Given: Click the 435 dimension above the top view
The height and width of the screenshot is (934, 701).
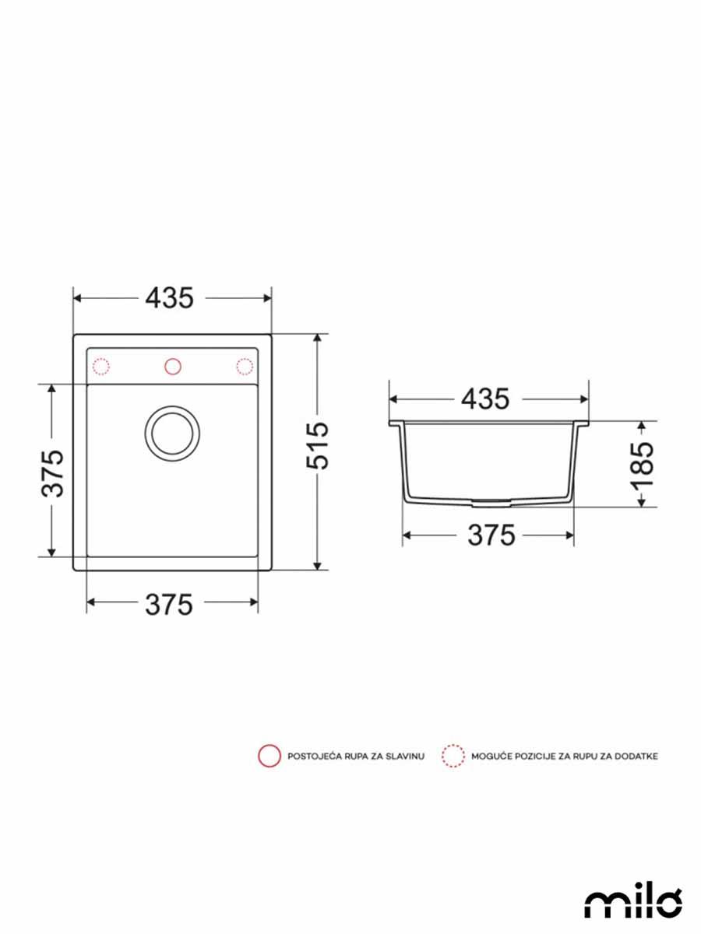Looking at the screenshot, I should coord(171,298).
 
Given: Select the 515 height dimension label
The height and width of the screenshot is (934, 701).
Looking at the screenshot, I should coord(318,447).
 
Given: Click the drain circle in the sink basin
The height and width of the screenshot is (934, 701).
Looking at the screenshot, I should coord(171,430).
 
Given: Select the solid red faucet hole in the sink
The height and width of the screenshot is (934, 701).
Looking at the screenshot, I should coord(172,366).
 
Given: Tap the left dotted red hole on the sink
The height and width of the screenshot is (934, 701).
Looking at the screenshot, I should coord(102,366).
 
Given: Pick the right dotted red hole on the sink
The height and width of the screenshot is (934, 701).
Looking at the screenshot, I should coord(244,366).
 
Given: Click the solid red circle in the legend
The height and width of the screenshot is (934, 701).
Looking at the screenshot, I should coord(269,756).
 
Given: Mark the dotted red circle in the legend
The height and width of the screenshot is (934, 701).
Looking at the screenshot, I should coord(453,756).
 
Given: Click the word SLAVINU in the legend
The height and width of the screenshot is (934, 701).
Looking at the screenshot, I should coord(404,757).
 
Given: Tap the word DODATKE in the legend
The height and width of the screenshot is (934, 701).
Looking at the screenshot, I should coord(637,757).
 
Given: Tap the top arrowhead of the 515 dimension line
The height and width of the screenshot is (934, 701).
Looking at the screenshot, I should coord(318,339).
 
